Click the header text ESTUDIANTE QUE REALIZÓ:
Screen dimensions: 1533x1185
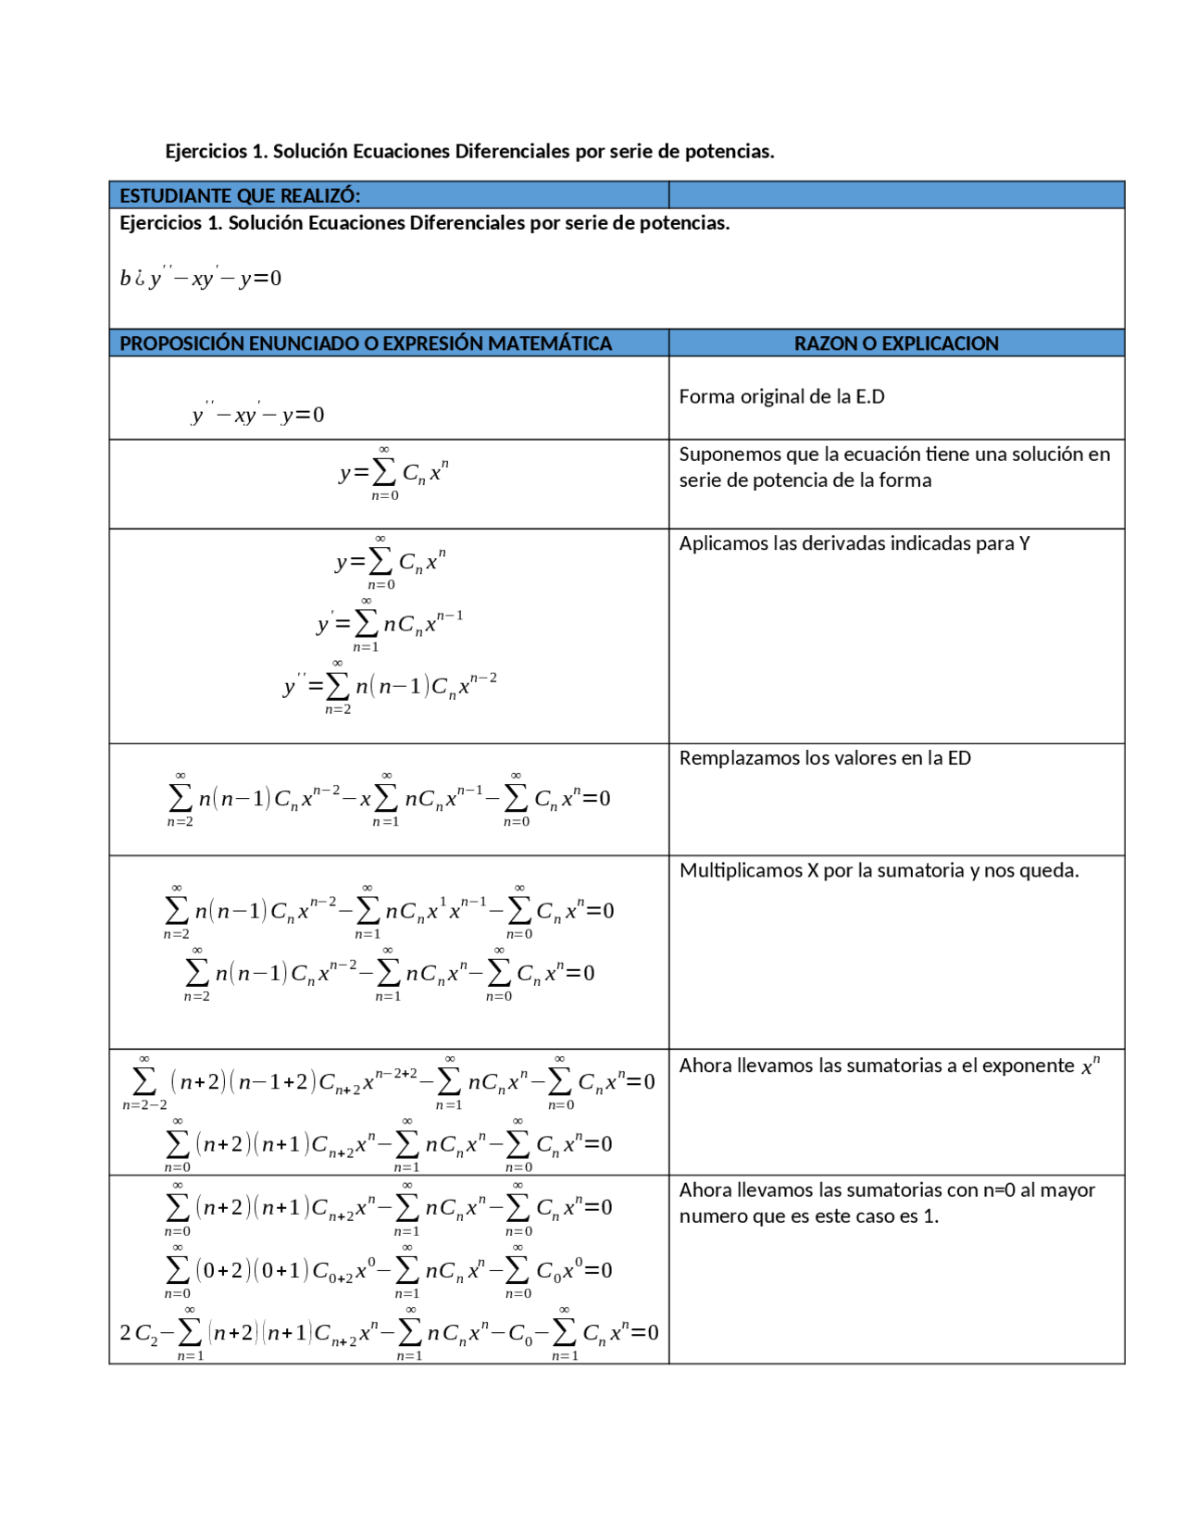239,195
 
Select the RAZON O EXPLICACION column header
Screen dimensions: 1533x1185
895,343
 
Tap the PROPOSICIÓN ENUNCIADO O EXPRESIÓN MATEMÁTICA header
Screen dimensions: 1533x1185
365,343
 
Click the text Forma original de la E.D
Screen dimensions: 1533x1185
781,397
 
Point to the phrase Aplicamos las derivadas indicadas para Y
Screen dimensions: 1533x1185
854,543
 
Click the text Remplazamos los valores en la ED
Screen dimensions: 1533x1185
824,758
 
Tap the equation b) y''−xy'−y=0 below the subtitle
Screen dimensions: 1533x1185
200,278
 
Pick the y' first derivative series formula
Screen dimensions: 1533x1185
390,624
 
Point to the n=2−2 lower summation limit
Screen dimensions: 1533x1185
144,1105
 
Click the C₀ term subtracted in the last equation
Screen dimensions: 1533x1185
520,1334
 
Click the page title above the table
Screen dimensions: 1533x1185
469,151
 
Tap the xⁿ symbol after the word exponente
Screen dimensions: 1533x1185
1091,1066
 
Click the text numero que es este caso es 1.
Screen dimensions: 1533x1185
808,1216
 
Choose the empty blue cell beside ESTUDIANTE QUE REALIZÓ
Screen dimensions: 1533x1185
895,195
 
